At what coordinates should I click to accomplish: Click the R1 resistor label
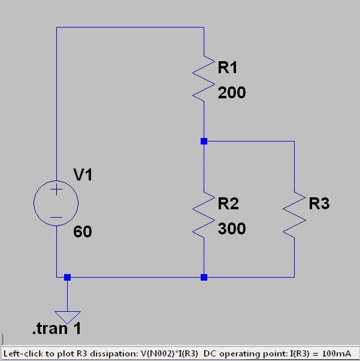228,68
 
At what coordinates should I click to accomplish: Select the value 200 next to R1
231,93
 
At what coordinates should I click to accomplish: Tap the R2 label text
228,204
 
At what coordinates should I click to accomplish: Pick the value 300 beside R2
231,229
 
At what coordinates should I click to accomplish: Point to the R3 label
319,204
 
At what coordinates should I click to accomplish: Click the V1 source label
83,175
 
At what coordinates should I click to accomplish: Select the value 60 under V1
83,231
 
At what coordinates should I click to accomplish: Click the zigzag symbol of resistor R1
204,78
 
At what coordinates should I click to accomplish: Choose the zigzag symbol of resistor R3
294,214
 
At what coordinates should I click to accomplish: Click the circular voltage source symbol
56,204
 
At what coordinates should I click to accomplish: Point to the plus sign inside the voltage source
56,191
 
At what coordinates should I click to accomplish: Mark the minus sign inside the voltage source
56,217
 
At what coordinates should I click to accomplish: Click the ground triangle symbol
67,316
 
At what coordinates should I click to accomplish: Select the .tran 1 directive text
57,329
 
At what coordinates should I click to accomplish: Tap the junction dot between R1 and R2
204,141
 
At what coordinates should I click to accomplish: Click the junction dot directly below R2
204,277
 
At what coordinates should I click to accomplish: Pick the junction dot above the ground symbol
67,277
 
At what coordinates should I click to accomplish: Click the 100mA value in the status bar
343,353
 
